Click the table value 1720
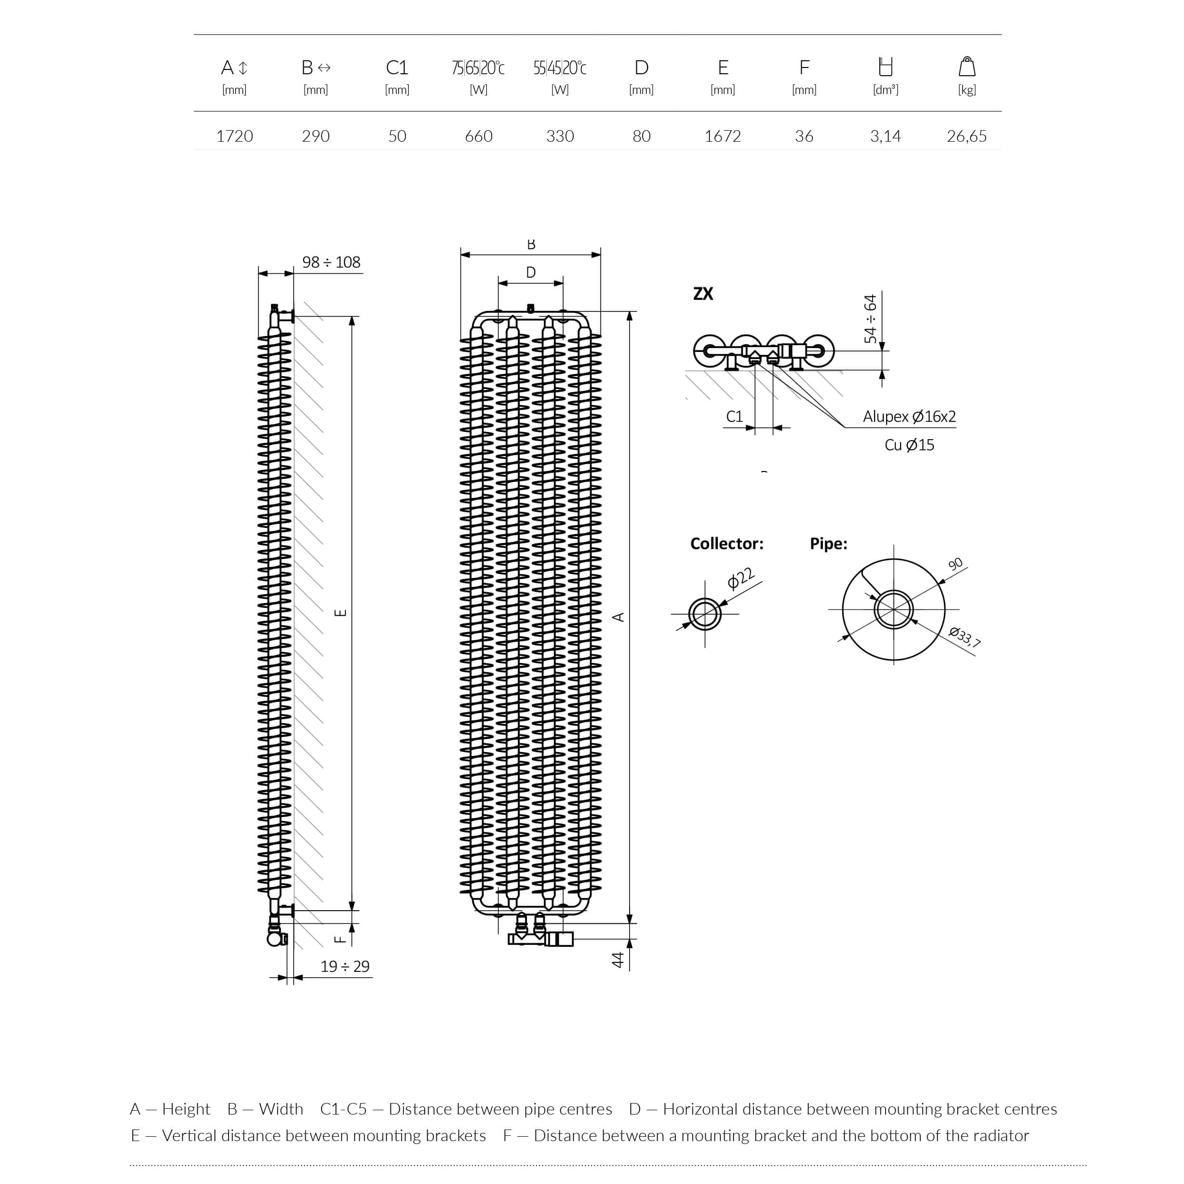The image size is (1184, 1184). tap(234, 136)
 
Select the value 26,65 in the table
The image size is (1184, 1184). tap(967, 136)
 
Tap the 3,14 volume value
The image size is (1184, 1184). tap(885, 136)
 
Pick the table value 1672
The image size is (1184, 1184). tap(723, 136)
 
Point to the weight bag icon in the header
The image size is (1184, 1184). tap(967, 66)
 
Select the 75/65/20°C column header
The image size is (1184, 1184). tap(478, 67)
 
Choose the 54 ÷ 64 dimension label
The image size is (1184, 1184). tap(870, 319)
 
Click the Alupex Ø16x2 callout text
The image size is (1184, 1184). tap(909, 417)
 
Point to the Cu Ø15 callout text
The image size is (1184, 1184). tap(909, 445)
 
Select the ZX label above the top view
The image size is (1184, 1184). tap(703, 294)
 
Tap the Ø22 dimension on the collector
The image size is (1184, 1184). tap(740, 579)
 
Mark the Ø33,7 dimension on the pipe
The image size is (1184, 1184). tap(965, 637)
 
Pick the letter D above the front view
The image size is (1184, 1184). tap(531, 272)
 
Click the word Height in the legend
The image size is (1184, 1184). tap(186, 1109)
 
